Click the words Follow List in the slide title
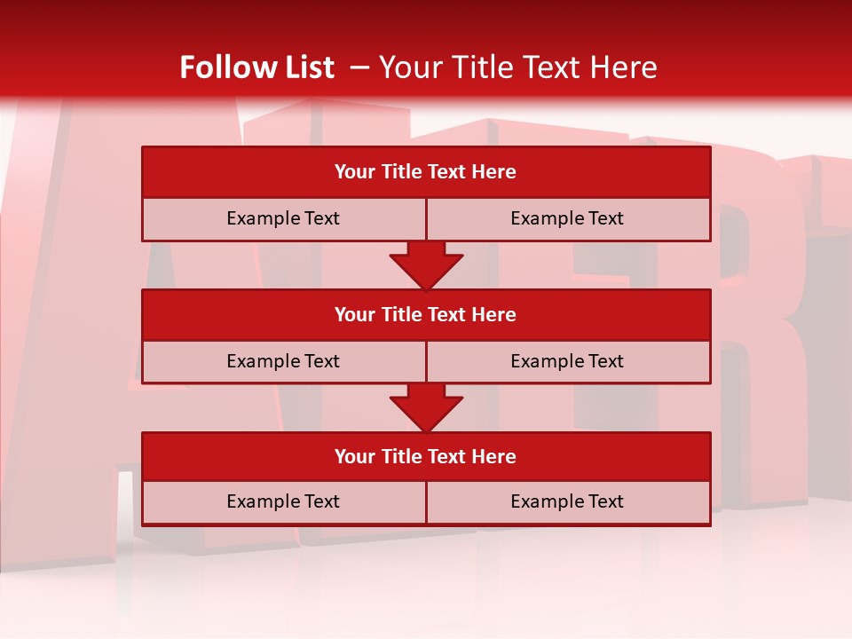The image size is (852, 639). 256,67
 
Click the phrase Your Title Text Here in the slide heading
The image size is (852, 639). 517,67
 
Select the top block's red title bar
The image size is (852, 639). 426,172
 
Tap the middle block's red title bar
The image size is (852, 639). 426,314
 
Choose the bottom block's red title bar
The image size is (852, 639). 426,456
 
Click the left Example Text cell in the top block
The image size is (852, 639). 283,218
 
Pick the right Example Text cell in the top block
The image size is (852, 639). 567,218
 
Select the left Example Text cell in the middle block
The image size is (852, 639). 283,361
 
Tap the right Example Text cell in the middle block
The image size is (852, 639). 567,361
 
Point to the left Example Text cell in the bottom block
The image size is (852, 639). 283,501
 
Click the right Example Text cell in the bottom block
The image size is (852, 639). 567,501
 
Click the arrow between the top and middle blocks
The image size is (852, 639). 426,264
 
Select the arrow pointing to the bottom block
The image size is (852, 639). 426,407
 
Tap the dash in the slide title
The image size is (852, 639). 359,67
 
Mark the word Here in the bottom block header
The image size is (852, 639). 494,456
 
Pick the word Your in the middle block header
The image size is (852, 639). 355,314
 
